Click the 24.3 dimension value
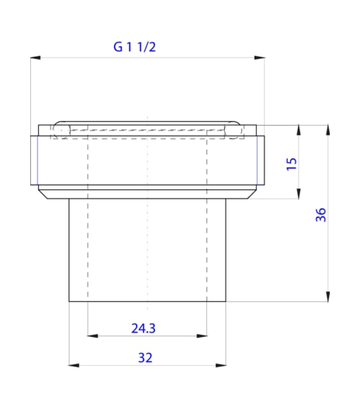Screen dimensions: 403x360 click(x=143, y=328)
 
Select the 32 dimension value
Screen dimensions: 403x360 click(x=144, y=358)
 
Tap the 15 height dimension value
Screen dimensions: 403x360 click(x=292, y=163)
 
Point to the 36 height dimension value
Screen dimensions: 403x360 click(x=320, y=215)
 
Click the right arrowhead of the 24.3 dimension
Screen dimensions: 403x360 click(x=203, y=335)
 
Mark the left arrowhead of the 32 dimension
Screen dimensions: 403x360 click(x=74, y=365)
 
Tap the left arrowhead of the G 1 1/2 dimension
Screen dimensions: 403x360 click(x=35, y=57)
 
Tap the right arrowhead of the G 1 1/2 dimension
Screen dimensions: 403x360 click(x=260, y=57)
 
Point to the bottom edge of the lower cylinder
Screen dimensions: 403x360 click(x=147, y=302)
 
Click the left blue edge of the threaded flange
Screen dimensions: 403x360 click(x=35, y=160)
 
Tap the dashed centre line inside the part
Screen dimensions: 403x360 click(x=147, y=233)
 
